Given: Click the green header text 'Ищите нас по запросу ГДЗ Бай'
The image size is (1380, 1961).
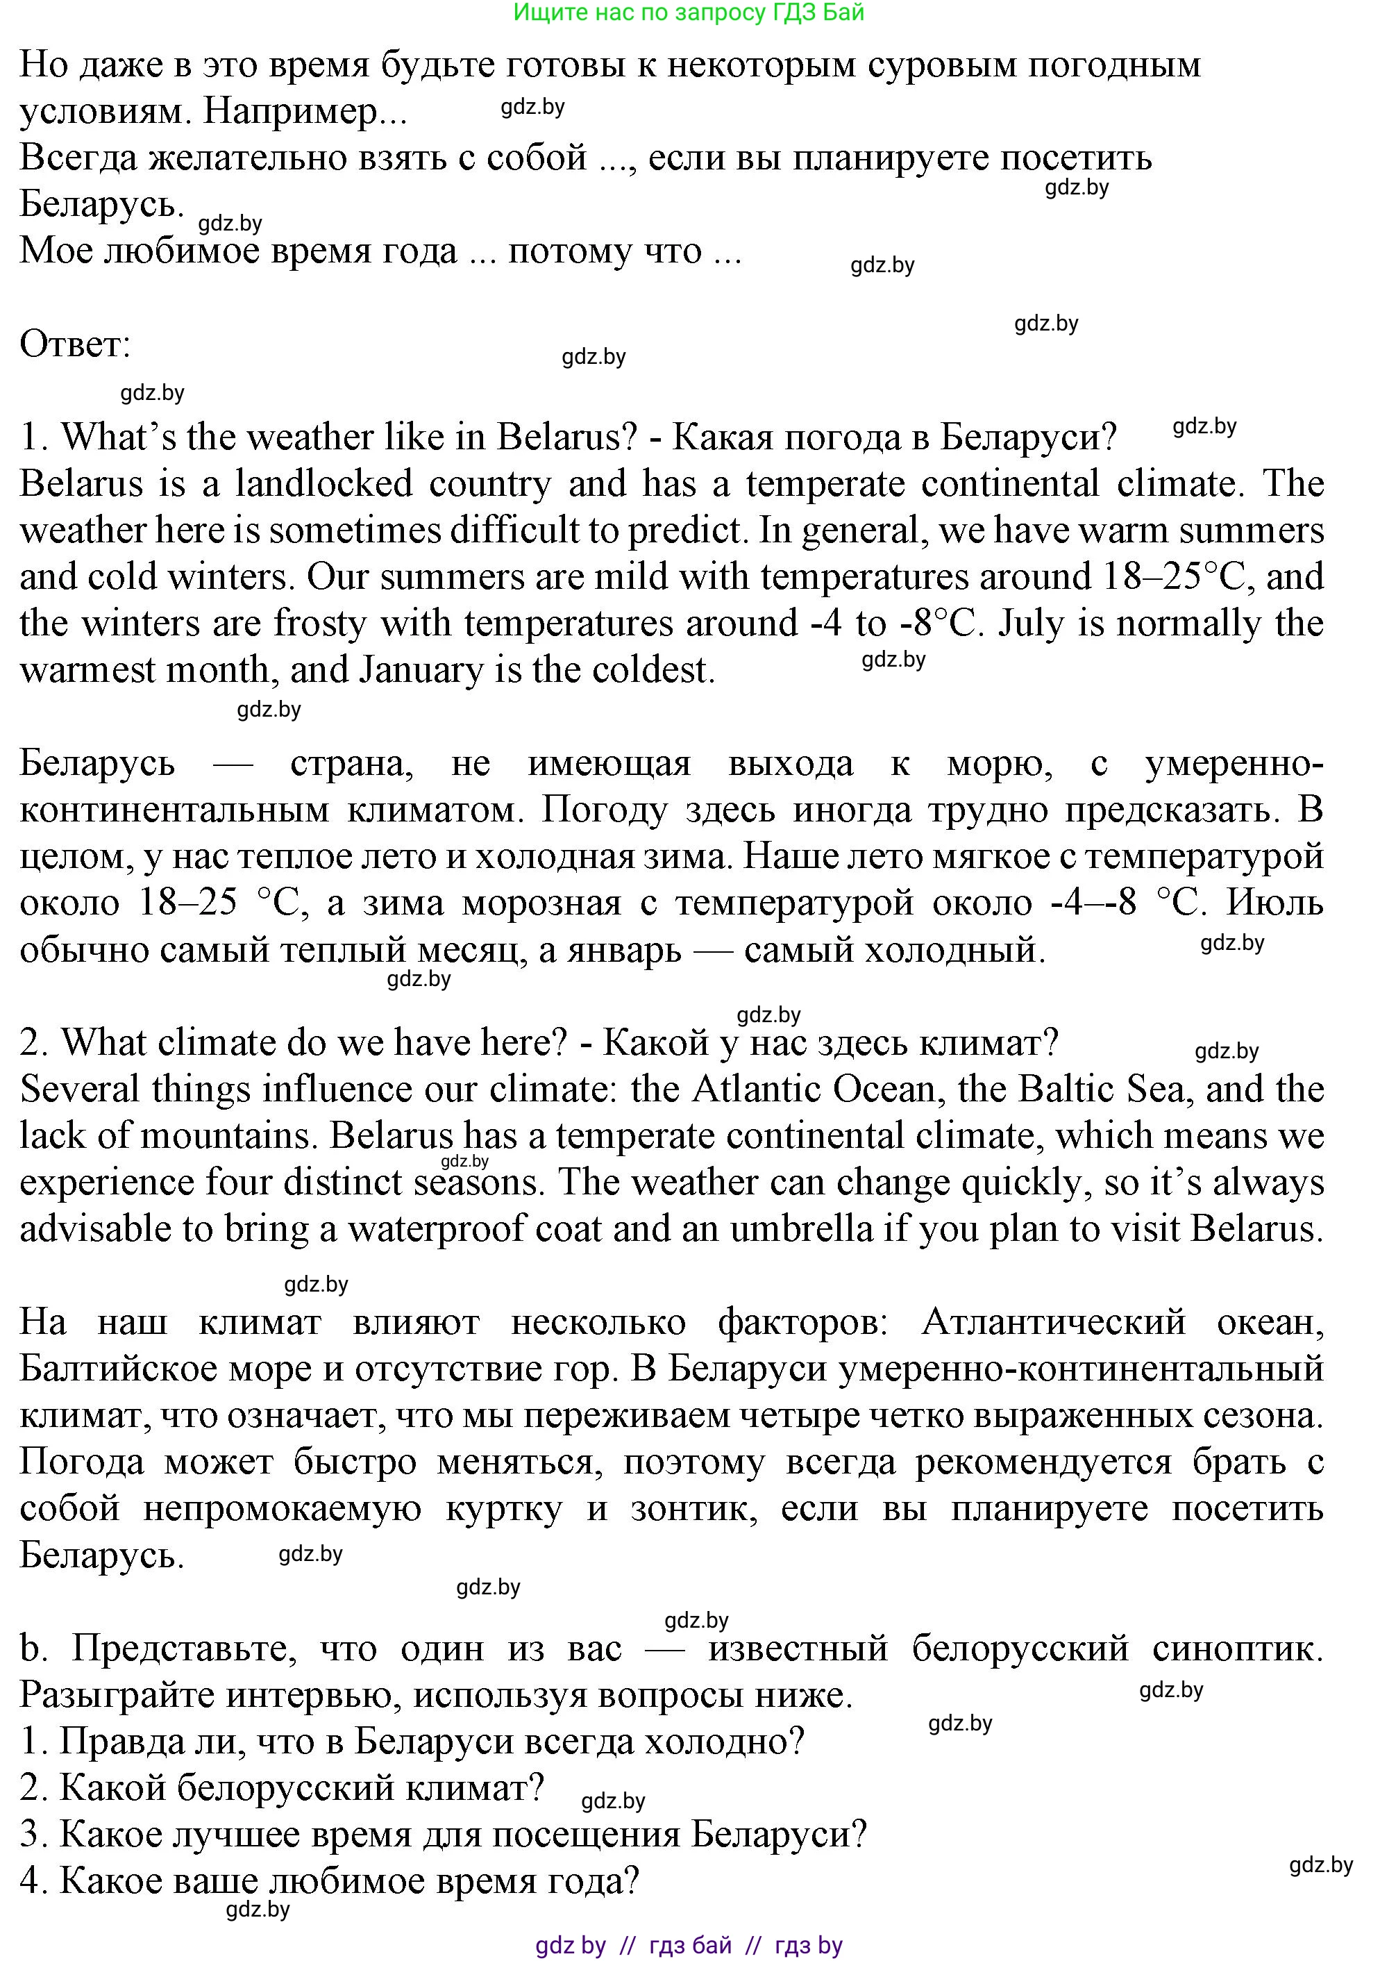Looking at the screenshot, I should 689,12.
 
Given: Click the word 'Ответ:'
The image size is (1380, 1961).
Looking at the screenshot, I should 75,344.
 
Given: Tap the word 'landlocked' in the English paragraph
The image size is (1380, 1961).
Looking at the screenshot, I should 324,484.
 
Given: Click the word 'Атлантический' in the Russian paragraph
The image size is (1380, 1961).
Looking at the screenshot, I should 1054,1323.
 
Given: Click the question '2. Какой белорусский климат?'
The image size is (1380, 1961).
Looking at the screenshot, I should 282,1789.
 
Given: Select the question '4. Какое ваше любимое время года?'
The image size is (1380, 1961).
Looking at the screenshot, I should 329,1882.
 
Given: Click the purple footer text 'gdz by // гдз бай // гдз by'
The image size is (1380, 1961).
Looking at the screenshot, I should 689,1946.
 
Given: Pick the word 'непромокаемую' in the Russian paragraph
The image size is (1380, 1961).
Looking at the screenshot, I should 282,1509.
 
